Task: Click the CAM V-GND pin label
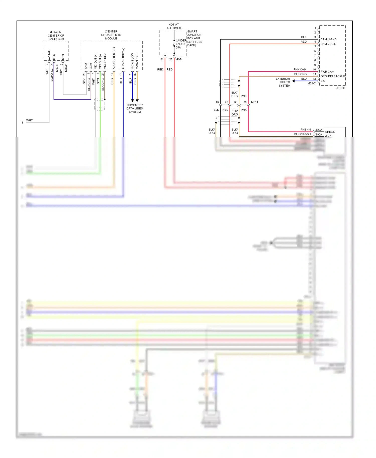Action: pyautogui.click(x=328, y=39)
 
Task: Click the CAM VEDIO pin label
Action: pyautogui.click(x=328, y=44)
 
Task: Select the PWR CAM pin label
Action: pyautogui.click(x=327, y=72)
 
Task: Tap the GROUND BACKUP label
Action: pyautogui.click(x=333, y=76)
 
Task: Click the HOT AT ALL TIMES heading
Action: pyautogui.click(x=174, y=26)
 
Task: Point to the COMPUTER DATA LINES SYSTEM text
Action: pyautogui.click(x=135, y=108)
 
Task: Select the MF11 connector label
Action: pyautogui.click(x=254, y=102)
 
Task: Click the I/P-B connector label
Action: pyautogui.click(x=178, y=59)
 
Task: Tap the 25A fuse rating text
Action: pyautogui.click(x=178, y=48)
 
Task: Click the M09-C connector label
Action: pyautogui.click(x=312, y=83)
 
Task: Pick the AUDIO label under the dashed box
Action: pyautogui.click(x=341, y=88)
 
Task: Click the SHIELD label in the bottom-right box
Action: pyautogui.click(x=330, y=132)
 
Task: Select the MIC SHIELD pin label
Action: pyautogui.click(x=105, y=61)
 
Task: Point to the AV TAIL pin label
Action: pyautogui.click(x=49, y=55)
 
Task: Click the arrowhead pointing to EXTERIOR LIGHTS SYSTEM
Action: pyautogui.click(x=293, y=81)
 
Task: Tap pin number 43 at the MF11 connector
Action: pyautogui.click(x=217, y=102)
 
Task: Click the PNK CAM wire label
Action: pyautogui.click(x=300, y=70)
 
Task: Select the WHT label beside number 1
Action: pyautogui.click(x=29, y=121)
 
